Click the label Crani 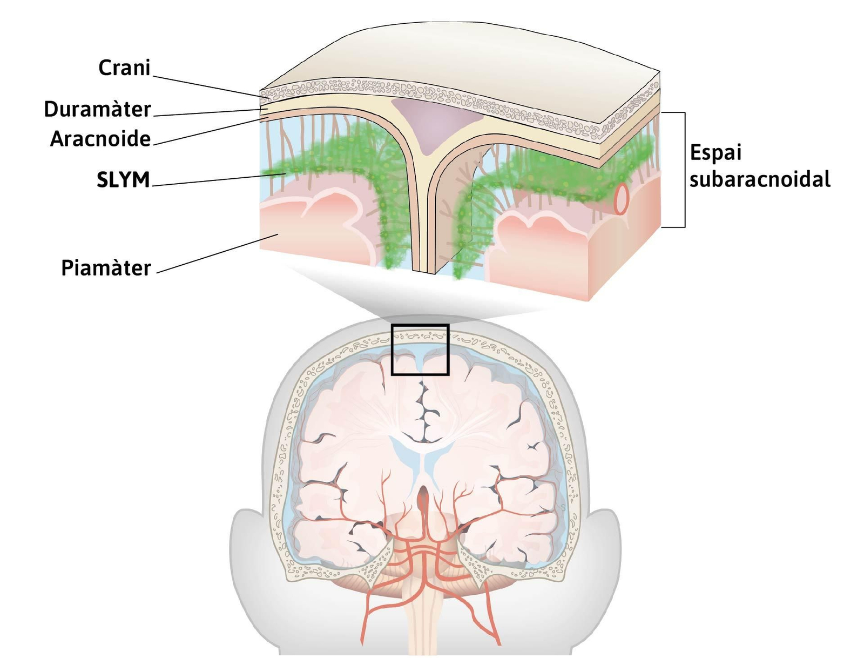(124, 68)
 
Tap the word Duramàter (97, 110)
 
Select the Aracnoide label (100, 139)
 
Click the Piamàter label (106, 268)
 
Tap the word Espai (715, 153)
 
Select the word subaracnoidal (760, 179)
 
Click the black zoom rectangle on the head (420, 325)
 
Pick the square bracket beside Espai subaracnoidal (684, 170)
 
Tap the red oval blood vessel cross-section (622, 199)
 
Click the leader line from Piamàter (216, 254)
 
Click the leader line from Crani (211, 86)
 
